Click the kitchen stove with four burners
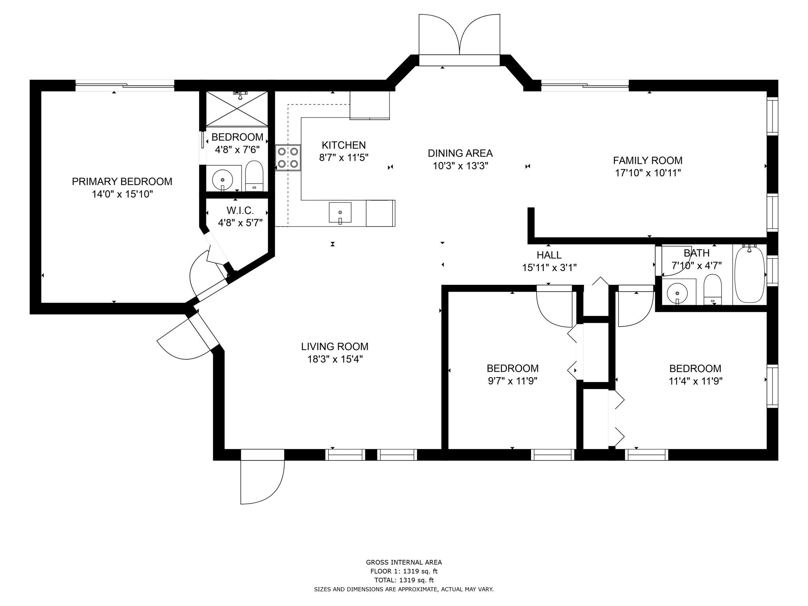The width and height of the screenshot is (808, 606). pos(288,157)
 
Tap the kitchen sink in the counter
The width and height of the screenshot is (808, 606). pos(340,213)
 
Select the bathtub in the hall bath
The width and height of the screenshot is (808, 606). pos(749,274)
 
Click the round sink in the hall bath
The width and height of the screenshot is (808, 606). pos(677,294)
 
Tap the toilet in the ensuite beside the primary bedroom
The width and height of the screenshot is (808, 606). pos(254,176)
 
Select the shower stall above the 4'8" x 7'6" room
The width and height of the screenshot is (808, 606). pos(237,109)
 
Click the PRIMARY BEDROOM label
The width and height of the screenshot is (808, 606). pos(122,181)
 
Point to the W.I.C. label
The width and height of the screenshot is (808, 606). pos(240,210)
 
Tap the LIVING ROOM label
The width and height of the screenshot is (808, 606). pos(335,346)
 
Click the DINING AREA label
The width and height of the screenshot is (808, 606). pos(460,153)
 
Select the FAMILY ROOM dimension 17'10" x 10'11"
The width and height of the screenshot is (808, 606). pos(648,173)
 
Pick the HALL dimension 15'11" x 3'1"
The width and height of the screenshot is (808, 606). pos(549,267)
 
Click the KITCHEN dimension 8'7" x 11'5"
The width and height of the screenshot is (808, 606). pos(344,157)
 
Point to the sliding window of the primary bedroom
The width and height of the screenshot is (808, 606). pos(125,85)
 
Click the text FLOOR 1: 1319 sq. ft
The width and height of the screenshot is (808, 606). pos(404,571)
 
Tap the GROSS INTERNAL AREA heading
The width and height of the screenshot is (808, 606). pos(404,563)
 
